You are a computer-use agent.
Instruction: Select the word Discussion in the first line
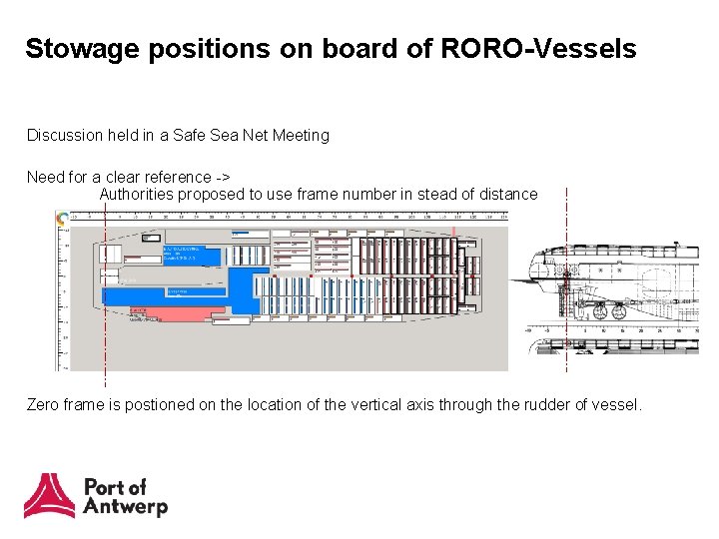[x=62, y=135]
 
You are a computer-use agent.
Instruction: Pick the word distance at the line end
[x=507, y=194]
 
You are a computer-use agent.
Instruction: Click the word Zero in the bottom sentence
[x=44, y=404]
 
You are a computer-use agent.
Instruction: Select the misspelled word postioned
[x=159, y=404]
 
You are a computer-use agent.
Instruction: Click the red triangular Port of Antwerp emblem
[x=49, y=496]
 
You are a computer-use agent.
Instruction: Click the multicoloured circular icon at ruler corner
[x=63, y=219]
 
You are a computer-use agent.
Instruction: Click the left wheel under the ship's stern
[x=599, y=312]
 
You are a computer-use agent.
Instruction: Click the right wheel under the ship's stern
[x=618, y=312]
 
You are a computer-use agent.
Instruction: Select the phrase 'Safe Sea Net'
[x=219, y=135]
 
